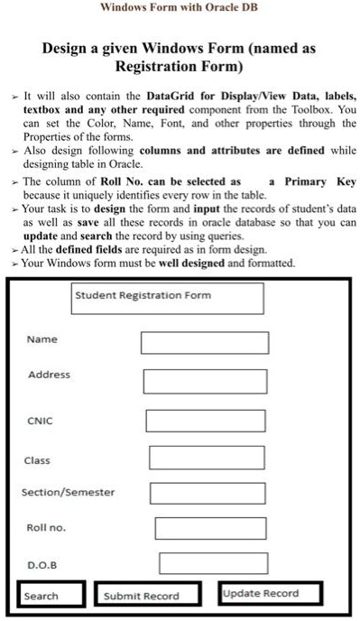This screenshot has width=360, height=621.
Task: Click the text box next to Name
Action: (205, 343)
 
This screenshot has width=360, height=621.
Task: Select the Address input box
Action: (205, 380)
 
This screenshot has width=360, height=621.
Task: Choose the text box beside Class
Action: (207, 459)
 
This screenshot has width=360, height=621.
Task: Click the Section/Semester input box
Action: (208, 493)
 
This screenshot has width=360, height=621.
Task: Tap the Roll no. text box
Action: (210, 528)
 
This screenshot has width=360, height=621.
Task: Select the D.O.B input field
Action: (213, 563)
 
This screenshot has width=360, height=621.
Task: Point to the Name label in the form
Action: (42, 339)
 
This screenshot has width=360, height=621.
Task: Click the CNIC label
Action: (40, 419)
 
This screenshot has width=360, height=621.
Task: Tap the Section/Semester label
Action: (69, 492)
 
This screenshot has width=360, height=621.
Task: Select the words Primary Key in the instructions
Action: (320, 181)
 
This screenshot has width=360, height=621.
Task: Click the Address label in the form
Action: (49, 374)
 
